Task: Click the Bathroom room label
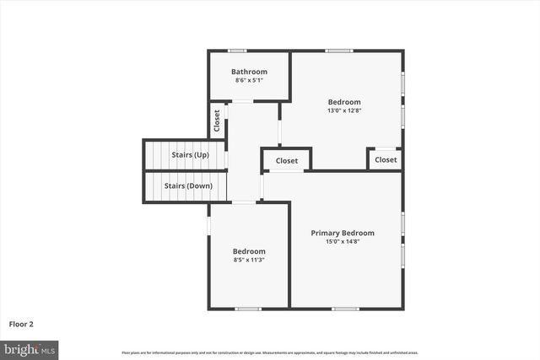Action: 249,72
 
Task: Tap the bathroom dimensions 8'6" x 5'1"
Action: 249,80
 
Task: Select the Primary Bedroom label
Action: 343,233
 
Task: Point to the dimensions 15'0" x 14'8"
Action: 343,242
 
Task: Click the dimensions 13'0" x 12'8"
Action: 343,110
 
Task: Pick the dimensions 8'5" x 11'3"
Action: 249,260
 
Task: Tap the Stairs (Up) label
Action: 190,155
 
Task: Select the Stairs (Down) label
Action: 187,185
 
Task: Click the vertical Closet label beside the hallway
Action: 217,121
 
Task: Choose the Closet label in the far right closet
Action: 386,159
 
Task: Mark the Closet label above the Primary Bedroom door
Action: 287,160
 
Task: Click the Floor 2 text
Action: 21,323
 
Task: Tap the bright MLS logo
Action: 30,348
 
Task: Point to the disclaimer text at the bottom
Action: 270,352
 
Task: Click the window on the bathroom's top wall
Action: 238,51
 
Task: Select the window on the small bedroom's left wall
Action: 208,226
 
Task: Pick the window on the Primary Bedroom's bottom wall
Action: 345,309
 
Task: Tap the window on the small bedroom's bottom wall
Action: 248,309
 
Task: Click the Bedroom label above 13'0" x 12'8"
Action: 343,102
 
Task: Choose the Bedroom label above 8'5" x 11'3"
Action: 249,251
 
